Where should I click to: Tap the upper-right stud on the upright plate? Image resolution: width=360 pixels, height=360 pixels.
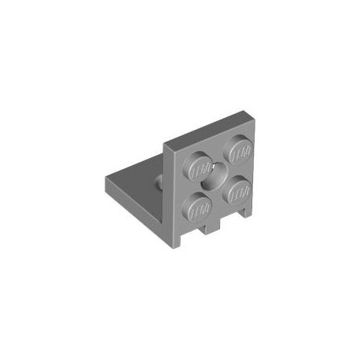[238, 149]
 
